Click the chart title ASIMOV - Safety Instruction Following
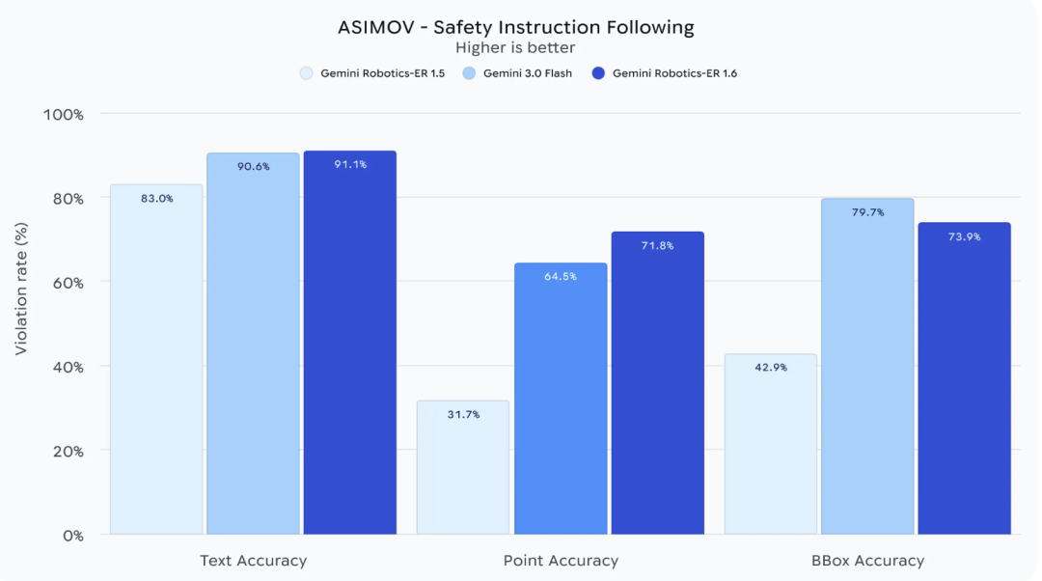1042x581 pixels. click(515, 27)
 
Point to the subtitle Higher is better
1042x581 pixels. click(515, 47)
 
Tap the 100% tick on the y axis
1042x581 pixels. click(64, 114)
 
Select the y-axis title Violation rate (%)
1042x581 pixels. click(21, 289)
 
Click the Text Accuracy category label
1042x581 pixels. click(253, 561)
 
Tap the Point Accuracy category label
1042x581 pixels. click(561, 561)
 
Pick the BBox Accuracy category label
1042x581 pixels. click(867, 561)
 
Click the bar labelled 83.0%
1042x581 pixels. click(156, 367)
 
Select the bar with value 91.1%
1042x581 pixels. click(349, 347)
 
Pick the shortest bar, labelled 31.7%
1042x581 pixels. click(463, 473)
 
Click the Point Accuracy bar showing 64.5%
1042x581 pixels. click(561, 405)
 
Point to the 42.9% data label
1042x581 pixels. click(770, 368)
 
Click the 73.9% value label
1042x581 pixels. click(964, 236)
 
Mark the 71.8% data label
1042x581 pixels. click(657, 246)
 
